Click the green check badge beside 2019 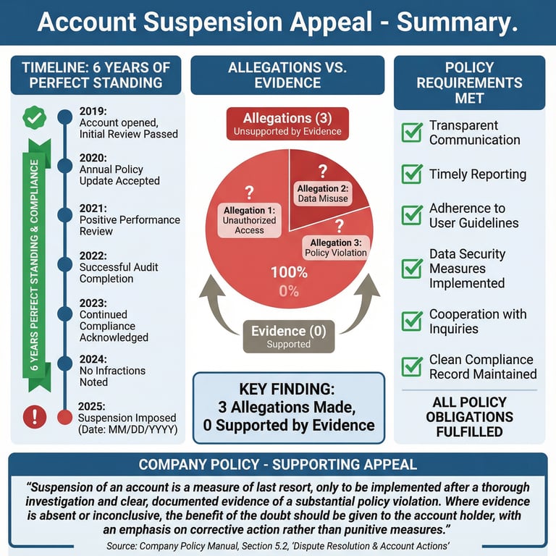point(34,117)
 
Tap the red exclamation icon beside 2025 point(34,416)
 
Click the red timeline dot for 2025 point(64,416)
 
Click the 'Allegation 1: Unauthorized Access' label point(249,220)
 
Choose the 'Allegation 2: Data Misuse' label point(322,193)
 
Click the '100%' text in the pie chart point(289,273)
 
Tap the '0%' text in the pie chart point(289,291)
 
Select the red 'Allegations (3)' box point(287,123)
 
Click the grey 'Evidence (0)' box point(288,336)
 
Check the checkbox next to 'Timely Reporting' point(412,174)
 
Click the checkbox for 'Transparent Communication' point(412,132)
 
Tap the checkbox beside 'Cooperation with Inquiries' point(412,321)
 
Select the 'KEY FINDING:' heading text point(289,389)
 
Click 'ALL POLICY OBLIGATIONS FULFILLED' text point(469,417)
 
